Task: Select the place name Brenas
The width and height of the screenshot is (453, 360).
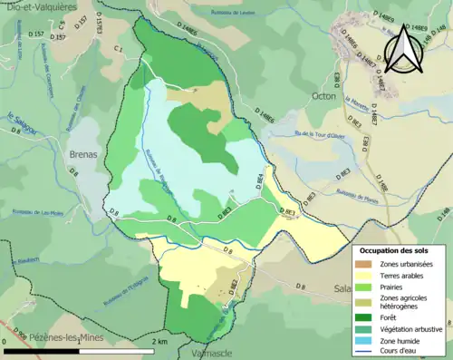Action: pos(84,155)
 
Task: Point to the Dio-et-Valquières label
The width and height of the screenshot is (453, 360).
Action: pos(42,5)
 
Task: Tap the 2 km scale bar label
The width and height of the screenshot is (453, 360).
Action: pos(159,341)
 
